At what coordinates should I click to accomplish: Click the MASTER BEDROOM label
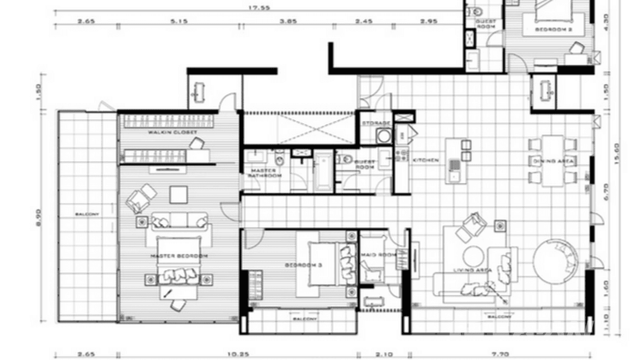tap(179, 256)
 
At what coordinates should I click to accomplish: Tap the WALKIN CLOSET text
tap(166, 132)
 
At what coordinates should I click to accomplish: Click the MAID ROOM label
tap(378, 255)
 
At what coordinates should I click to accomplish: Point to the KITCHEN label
tap(426, 160)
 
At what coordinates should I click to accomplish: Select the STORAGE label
tap(376, 123)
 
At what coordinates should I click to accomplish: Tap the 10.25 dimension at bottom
tap(237, 354)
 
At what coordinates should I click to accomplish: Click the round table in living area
tap(473, 257)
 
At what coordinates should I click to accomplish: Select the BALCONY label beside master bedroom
tap(87, 214)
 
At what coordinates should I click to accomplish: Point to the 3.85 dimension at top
tap(288, 21)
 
